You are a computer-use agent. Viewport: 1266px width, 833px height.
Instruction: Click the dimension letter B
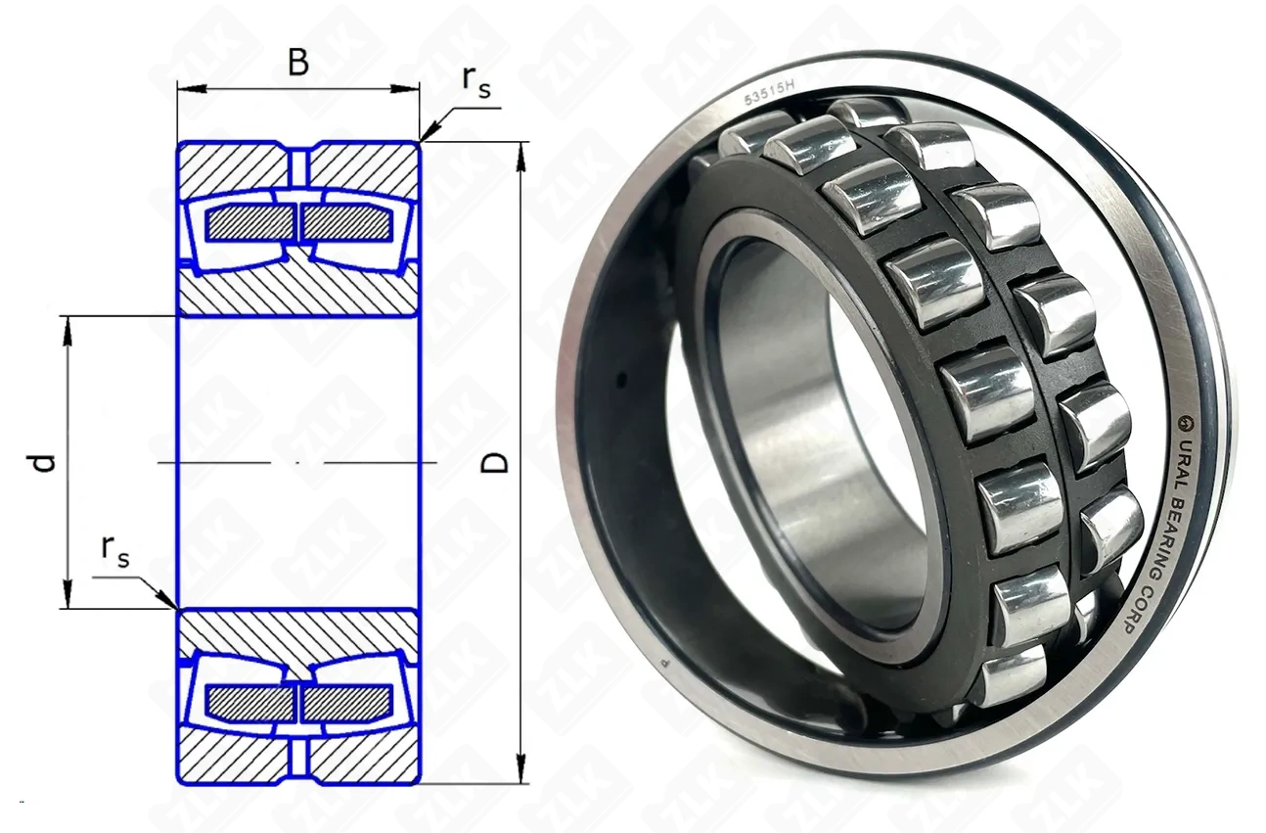298,63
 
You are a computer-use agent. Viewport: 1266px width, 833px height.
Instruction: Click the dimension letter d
42,463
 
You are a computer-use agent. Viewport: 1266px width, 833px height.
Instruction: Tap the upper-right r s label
475,82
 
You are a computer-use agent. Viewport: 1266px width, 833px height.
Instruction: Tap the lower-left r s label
115,550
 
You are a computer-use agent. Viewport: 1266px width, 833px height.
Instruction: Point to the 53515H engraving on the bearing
769,93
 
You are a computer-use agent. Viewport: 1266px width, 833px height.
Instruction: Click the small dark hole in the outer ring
622,379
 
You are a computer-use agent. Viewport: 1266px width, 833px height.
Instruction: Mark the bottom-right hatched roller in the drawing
347,703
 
